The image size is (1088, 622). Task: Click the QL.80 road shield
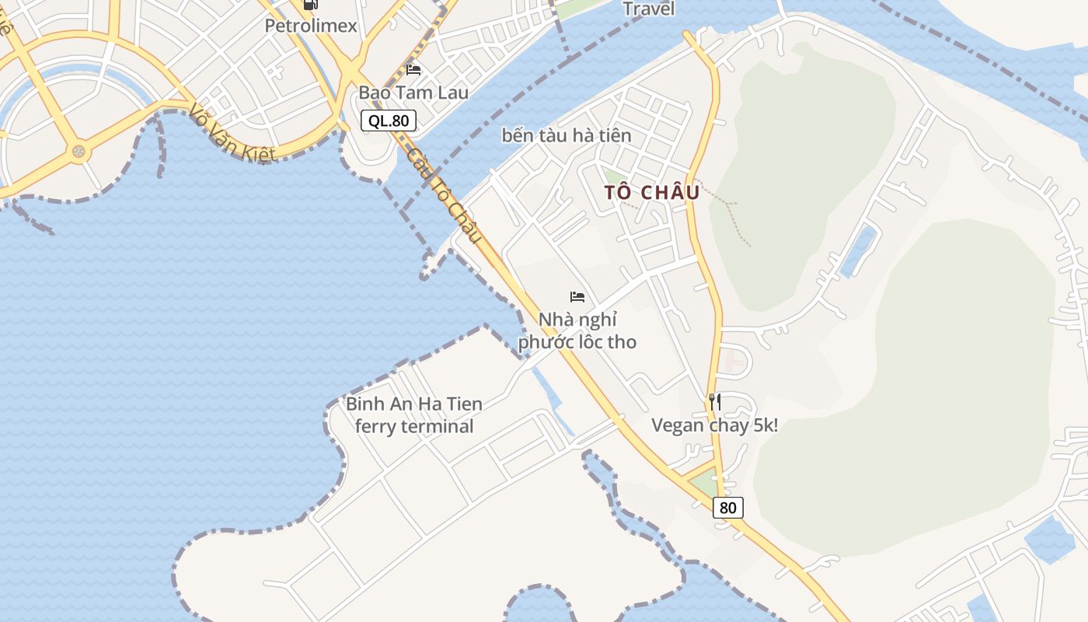coord(389,121)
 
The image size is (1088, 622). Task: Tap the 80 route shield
coord(727,508)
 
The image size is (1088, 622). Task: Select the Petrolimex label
coord(311,26)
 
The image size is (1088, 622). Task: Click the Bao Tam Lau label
coord(413,93)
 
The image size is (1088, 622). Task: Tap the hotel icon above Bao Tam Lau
coord(413,70)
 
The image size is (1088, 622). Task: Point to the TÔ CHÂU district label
coord(653,192)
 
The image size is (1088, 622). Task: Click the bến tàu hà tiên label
coord(567,135)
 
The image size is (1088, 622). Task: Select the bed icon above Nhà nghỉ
coord(577,296)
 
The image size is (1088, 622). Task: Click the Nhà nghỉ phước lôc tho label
coord(577,330)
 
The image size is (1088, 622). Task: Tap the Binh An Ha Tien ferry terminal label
coord(414,414)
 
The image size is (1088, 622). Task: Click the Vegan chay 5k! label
coord(715,425)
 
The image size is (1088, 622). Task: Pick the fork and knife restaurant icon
coord(715,401)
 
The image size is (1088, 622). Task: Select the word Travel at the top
coord(649,9)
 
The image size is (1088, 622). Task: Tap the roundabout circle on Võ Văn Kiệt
coord(78,151)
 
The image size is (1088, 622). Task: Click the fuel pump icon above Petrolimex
coord(311,4)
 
